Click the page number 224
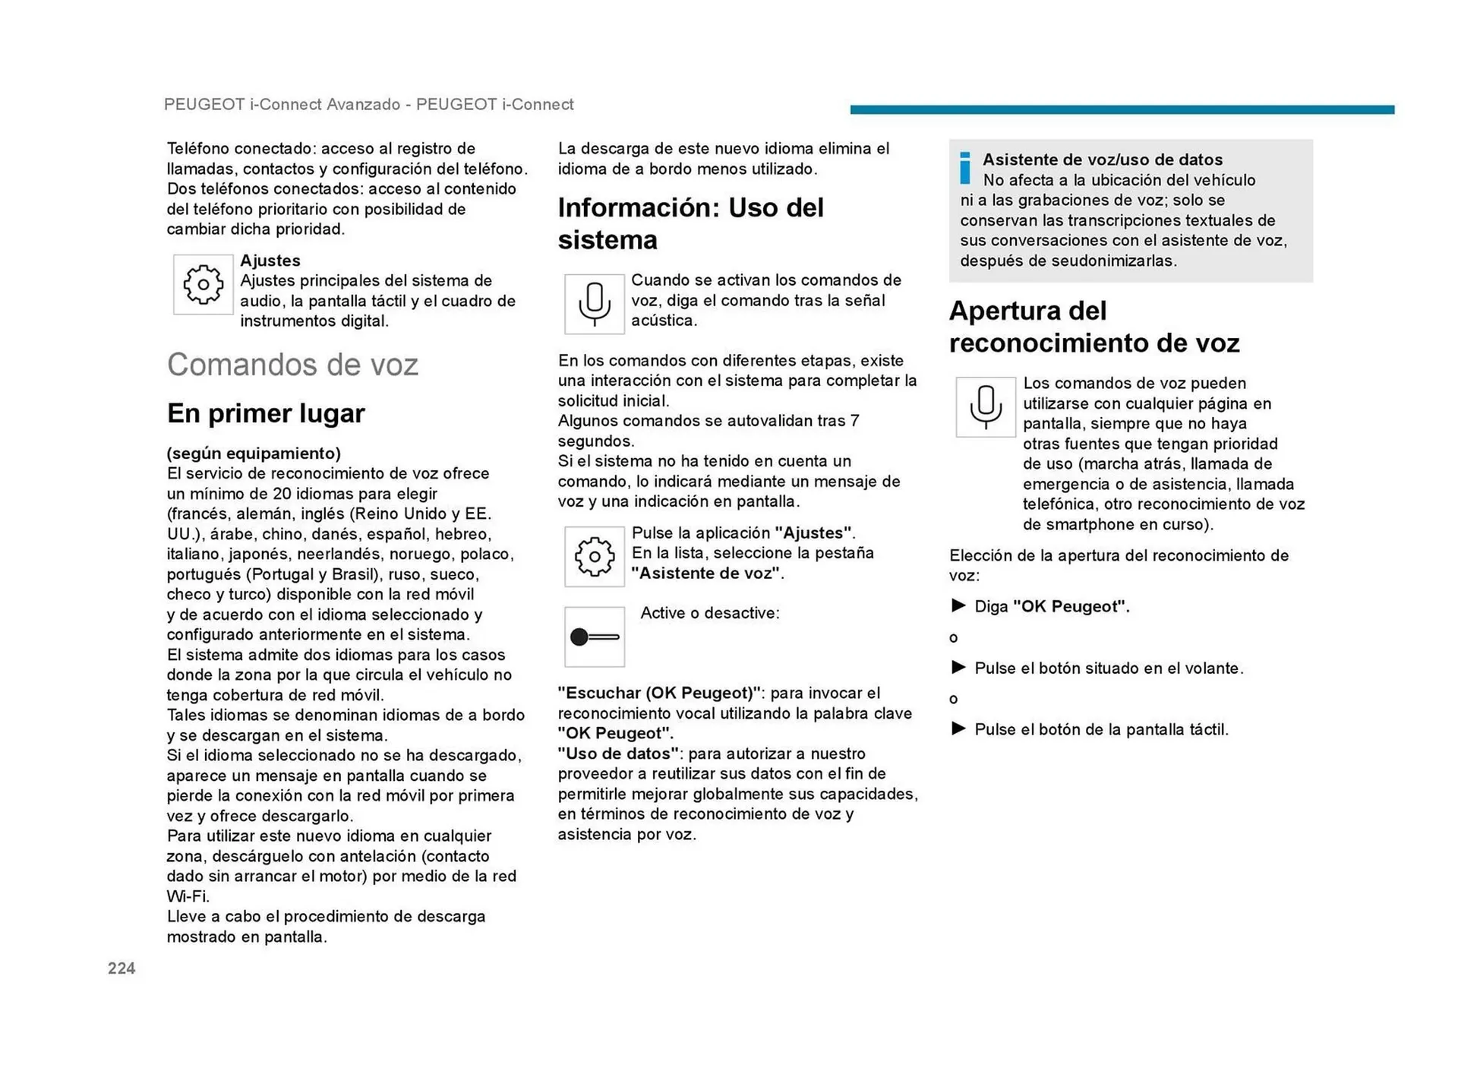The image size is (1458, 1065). [x=121, y=968]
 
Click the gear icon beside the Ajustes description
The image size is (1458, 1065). [x=203, y=285]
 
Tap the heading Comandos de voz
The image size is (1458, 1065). [x=292, y=365]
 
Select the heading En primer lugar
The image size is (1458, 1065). [x=266, y=413]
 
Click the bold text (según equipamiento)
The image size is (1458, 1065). [x=254, y=453]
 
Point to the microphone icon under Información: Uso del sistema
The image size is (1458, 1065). [x=595, y=304]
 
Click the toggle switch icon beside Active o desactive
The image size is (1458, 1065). [x=595, y=637]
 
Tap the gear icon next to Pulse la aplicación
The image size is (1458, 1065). [x=595, y=557]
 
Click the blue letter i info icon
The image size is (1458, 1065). [x=964, y=168]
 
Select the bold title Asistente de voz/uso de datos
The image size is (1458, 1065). [x=1103, y=160]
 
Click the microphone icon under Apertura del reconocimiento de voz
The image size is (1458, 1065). [x=986, y=407]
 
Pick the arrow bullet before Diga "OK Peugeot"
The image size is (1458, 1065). [x=958, y=605]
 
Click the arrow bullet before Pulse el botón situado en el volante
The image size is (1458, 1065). [x=958, y=668]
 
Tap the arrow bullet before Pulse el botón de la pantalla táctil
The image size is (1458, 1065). [x=958, y=728]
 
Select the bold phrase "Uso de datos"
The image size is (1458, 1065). [x=618, y=754]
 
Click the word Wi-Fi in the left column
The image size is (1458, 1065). [x=187, y=896]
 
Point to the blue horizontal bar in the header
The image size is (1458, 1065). [x=1122, y=109]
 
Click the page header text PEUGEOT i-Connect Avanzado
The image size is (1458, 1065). [x=282, y=105]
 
